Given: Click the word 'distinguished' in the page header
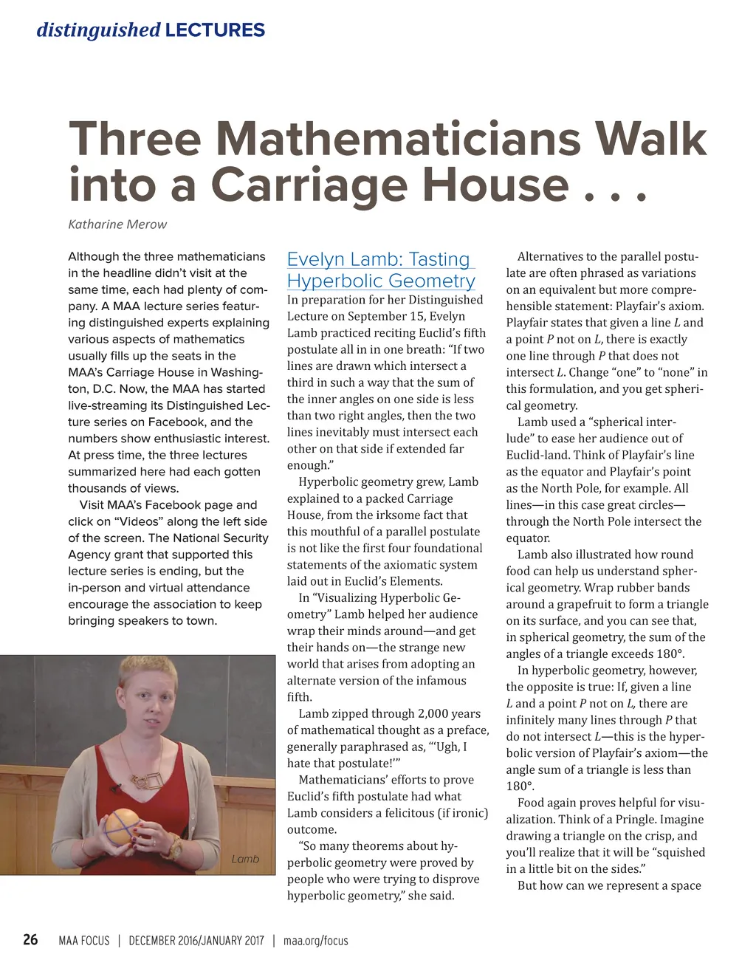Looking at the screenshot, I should pyautogui.click(x=98, y=30).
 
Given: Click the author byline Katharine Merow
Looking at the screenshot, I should pyautogui.click(x=117, y=224).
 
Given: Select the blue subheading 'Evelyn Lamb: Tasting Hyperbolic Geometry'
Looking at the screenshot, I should pyautogui.click(x=381, y=270).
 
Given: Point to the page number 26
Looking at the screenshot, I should pyautogui.click(x=30, y=939).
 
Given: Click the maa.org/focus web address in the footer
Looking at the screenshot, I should pyautogui.click(x=315, y=941).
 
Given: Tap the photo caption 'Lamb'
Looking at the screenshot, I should pyautogui.click(x=245, y=859).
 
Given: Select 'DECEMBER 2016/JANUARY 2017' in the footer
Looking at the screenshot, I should pyautogui.click(x=196, y=941).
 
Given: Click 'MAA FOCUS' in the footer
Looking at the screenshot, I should pyautogui.click(x=83, y=941).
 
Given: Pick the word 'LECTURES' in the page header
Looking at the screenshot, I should pyautogui.click(x=215, y=30).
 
